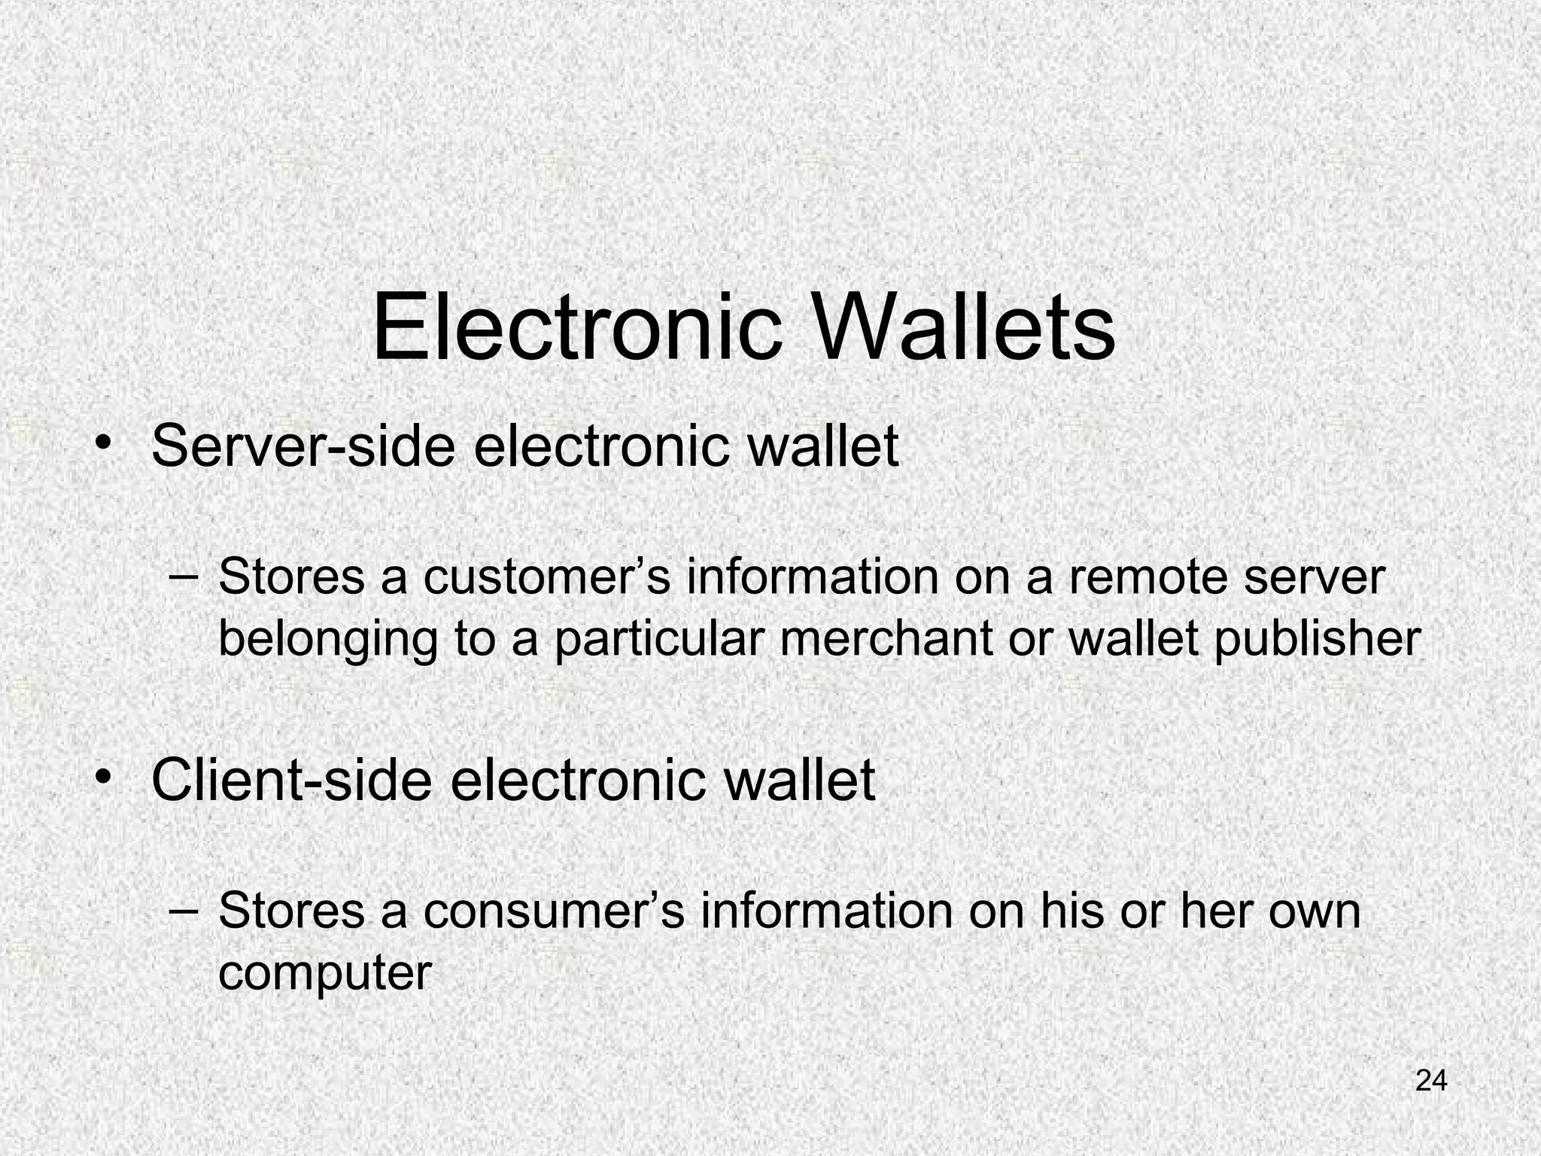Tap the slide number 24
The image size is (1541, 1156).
click(x=1431, y=1080)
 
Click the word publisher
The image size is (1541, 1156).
click(x=1317, y=640)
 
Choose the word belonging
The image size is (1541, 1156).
click(x=328, y=640)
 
